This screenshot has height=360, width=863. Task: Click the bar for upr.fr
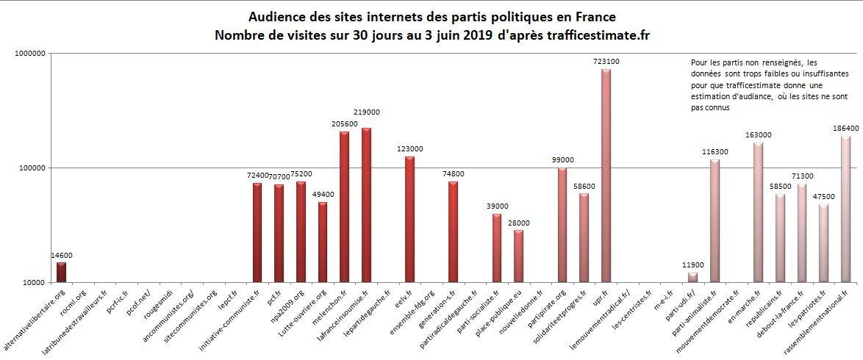tap(606, 176)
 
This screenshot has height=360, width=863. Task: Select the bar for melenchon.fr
tap(344, 206)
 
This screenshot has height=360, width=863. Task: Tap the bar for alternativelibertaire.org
tap(61, 272)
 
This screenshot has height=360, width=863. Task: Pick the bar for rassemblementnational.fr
tap(845, 209)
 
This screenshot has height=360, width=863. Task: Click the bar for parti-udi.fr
tap(692, 277)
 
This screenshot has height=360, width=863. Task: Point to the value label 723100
tap(606, 62)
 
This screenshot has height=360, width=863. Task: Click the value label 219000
tap(365, 112)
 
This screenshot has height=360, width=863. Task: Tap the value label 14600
tap(61, 255)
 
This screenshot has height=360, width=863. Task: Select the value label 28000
tap(518, 223)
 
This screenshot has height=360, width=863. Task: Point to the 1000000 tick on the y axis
tap(30, 54)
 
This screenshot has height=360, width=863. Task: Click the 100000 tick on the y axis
tap(32, 168)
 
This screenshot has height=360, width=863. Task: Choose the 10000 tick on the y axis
tap(35, 283)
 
